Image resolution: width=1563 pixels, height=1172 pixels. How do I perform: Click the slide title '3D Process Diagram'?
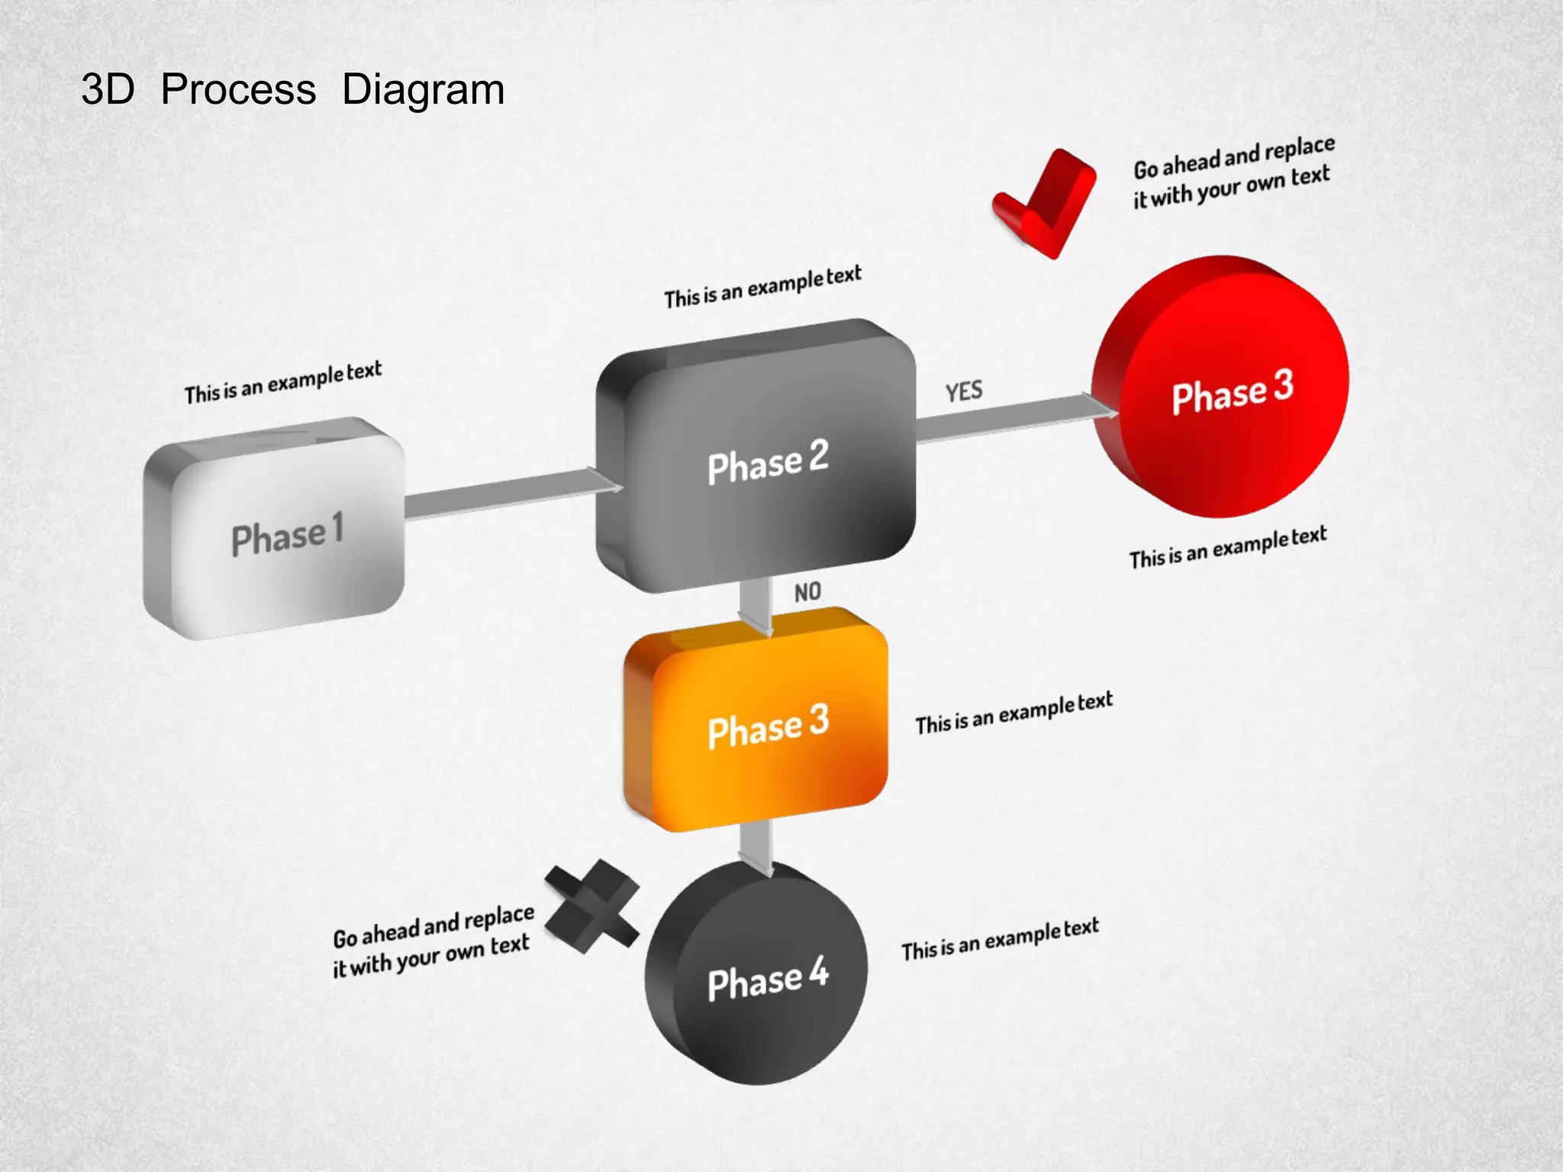pos(293,90)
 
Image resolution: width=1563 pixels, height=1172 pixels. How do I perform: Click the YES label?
pos(964,391)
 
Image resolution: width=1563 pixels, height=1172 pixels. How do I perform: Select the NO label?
pos(807,592)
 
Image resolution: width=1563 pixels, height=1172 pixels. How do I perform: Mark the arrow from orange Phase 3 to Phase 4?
pos(756,847)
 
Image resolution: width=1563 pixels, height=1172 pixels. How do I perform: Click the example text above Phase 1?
pos(282,382)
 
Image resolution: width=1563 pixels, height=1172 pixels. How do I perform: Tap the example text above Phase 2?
pos(762,287)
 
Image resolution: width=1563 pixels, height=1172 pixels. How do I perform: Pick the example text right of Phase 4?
pos(1000,939)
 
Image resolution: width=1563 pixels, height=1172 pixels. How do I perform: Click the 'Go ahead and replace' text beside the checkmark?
pos(1233,172)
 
